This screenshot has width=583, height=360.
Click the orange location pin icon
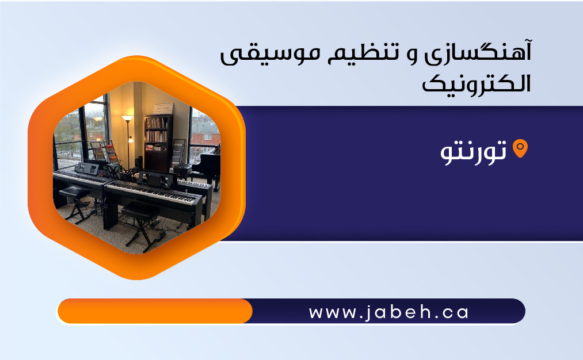point(520,148)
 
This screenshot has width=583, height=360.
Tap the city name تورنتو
point(473,151)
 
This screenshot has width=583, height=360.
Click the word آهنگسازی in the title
point(478,53)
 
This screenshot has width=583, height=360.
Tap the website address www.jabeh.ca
point(388,312)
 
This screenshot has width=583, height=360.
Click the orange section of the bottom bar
point(155,311)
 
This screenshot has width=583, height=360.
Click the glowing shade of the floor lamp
point(127,118)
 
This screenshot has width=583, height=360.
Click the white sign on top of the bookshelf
point(163,109)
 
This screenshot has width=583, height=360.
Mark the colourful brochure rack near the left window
point(105,152)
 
